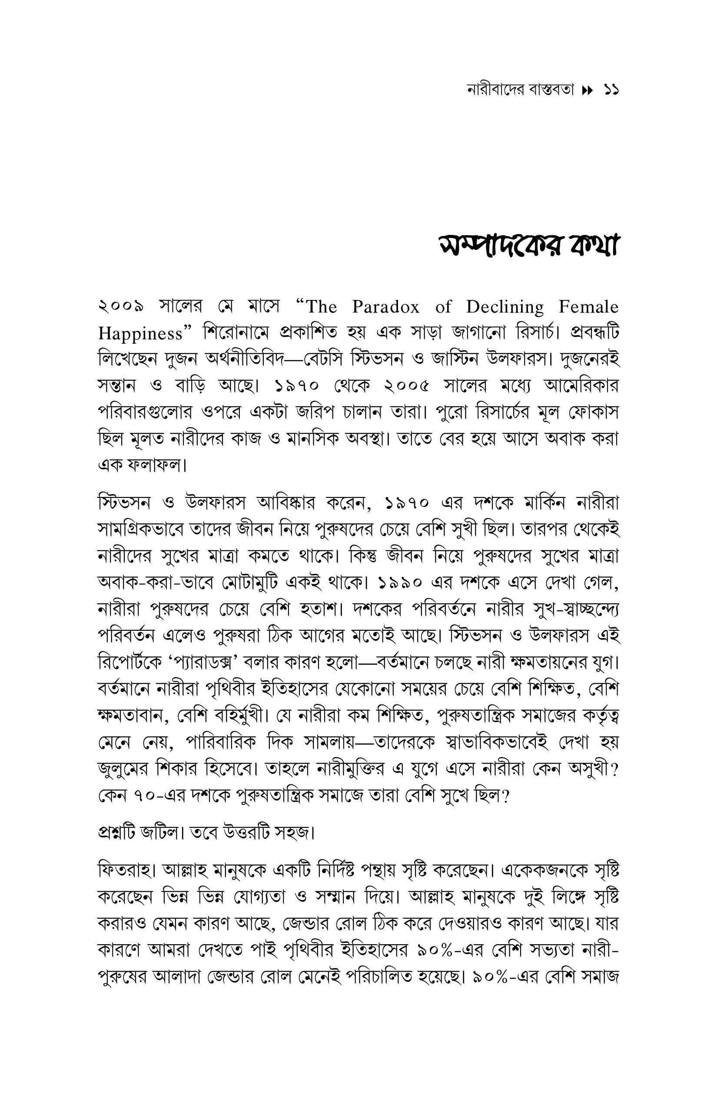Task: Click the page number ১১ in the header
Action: pos(611,90)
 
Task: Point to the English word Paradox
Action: pos(385,307)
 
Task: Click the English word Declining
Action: pos(505,307)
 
